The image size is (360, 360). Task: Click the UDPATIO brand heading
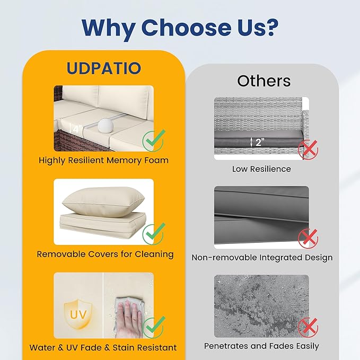coord(103,68)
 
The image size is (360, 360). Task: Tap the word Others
coord(264,81)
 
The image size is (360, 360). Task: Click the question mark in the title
coord(270,28)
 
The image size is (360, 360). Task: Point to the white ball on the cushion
coord(105,125)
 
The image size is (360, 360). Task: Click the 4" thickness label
coord(76,129)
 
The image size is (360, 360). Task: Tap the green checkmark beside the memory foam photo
coord(153,140)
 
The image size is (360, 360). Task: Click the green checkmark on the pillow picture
coord(153,233)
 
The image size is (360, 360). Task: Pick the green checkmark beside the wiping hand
coord(153,327)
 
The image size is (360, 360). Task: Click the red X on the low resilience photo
coord(309,150)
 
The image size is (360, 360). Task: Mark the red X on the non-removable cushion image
coord(309,238)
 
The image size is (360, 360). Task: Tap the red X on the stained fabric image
coord(309,327)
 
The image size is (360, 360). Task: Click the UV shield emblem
coord(78,314)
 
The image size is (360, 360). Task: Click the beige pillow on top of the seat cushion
coord(103,201)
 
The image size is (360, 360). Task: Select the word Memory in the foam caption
coord(124,161)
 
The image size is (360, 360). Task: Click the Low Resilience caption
coord(261,169)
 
